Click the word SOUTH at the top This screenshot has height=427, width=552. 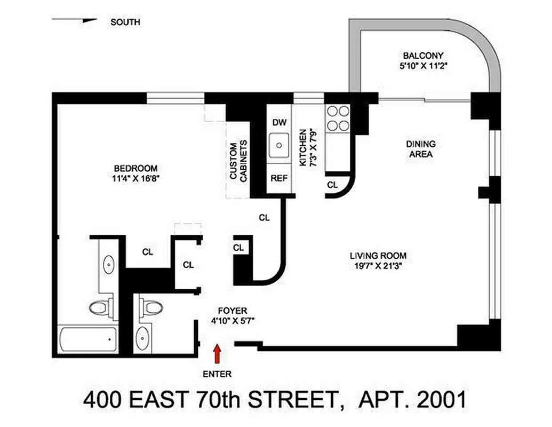125,22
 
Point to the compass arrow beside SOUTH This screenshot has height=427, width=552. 75,21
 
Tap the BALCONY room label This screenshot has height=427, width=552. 423,56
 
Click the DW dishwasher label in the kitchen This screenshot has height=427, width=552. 279,122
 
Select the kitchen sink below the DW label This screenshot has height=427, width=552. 279,145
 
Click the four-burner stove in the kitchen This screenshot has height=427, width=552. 338,118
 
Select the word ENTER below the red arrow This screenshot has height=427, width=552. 217,374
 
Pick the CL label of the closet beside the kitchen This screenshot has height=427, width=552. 332,185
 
